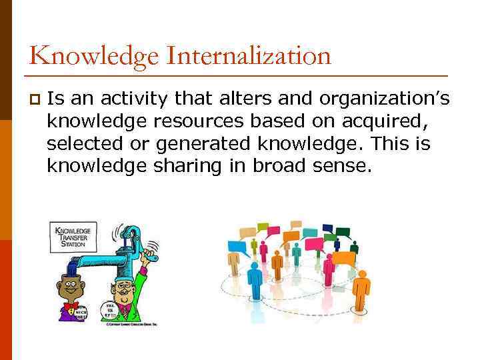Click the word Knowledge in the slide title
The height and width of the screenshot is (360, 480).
tap(93, 55)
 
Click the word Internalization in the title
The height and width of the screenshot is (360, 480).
tap(249, 55)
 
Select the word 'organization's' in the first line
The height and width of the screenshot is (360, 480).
tap(385, 99)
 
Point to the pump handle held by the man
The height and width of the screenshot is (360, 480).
tap(149, 249)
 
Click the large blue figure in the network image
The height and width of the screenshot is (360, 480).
tap(254, 280)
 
